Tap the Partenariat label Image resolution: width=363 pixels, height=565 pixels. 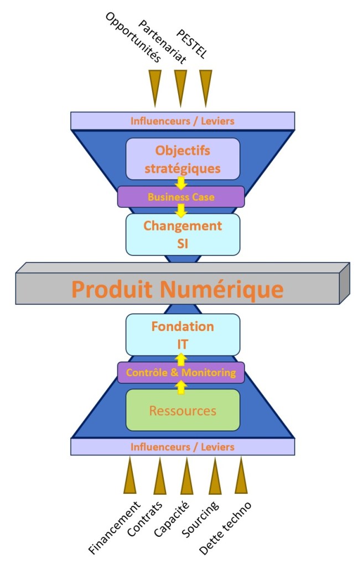point(162,41)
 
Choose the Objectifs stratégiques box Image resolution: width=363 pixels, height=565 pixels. point(183,159)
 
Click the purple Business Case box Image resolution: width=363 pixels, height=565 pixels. point(181,196)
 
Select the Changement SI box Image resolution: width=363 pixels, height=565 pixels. point(183,234)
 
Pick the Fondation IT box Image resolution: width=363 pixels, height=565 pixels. point(183,335)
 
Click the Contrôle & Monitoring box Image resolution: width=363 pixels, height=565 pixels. point(181,372)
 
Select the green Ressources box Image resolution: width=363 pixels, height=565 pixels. point(183,410)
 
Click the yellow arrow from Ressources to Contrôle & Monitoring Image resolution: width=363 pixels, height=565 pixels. point(181,387)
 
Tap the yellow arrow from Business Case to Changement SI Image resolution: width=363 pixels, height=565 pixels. point(181,210)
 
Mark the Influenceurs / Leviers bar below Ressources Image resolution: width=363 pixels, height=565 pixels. point(183,446)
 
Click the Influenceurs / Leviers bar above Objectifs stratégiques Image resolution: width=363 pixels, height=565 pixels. point(183,120)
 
